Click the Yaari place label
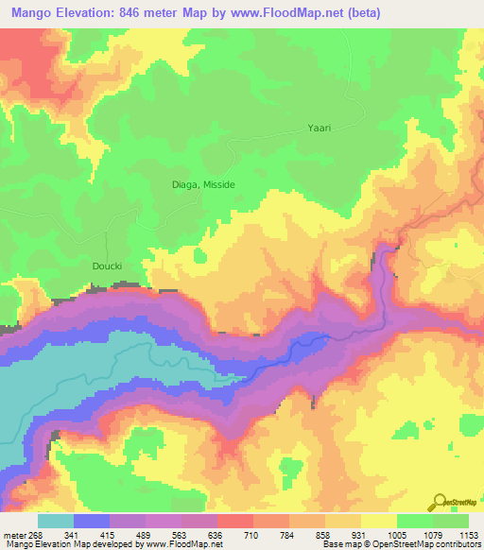tap(320, 127)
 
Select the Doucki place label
tap(108, 266)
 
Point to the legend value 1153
tap(469, 535)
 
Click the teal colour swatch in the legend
tap(56, 521)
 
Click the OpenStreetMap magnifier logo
tap(440, 501)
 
